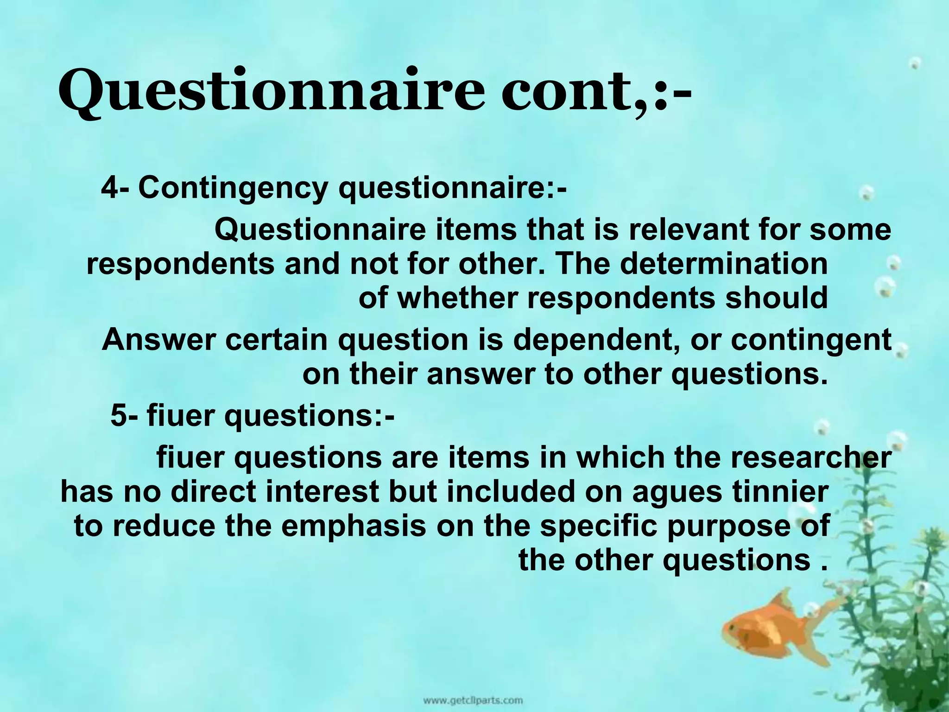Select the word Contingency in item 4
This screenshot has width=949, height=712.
pyautogui.click(x=233, y=188)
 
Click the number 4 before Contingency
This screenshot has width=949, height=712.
pyautogui.click(x=110, y=188)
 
